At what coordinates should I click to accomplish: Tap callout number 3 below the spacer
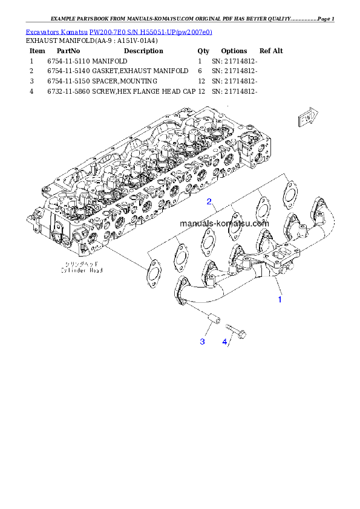tap(203, 342)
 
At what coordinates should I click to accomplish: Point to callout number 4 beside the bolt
tap(224, 342)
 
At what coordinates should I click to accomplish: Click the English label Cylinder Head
tap(82, 271)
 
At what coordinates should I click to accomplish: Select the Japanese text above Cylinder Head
tap(82, 265)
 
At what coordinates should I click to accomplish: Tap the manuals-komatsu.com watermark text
tap(224, 223)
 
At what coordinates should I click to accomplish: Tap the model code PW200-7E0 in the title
tap(109, 31)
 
